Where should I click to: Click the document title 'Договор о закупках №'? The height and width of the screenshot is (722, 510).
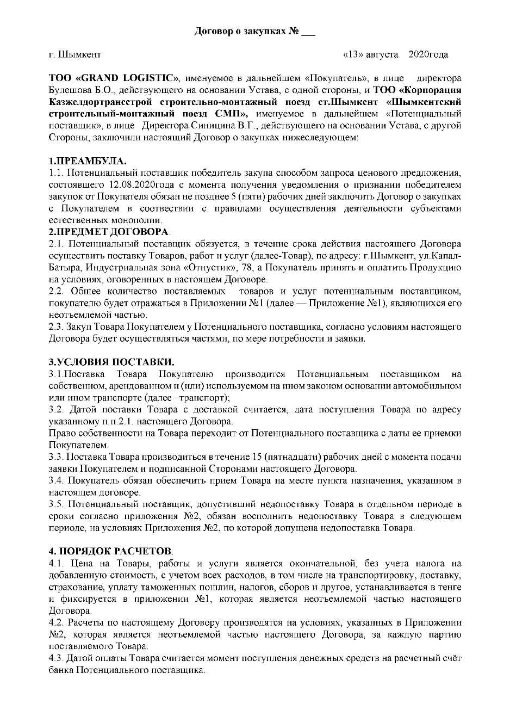pyautogui.click(x=247, y=31)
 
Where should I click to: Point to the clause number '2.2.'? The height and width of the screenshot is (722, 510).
pyautogui.click(x=57, y=291)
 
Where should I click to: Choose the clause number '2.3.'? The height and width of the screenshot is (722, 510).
pyautogui.click(x=57, y=327)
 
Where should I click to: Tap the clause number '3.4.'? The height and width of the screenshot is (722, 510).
pyautogui.click(x=57, y=480)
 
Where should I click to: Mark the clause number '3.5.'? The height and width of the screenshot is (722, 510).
pyautogui.click(x=57, y=504)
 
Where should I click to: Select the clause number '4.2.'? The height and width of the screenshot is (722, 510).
pyautogui.click(x=57, y=622)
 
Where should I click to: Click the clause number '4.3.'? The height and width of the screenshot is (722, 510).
pyautogui.click(x=57, y=658)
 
